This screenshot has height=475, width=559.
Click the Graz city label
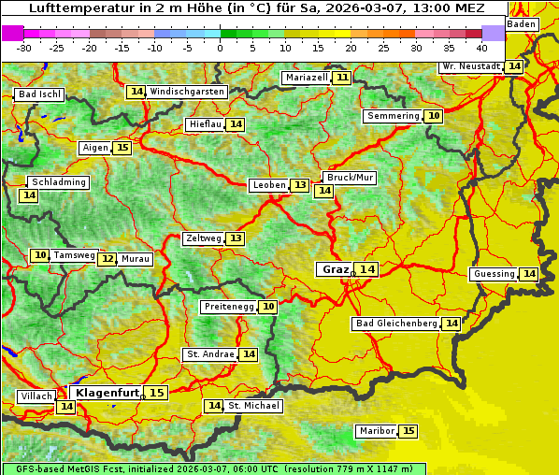coord(335,269)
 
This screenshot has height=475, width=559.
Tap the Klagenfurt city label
coord(107,393)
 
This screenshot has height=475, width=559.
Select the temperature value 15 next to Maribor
coord(408,431)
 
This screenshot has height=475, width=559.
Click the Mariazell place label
coord(307,78)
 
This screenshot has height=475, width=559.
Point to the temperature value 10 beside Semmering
coord(433,116)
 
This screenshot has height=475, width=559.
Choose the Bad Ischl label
coord(39,94)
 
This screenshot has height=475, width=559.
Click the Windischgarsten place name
coord(187,92)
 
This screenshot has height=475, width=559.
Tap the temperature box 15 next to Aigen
coord(122,148)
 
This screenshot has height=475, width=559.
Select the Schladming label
coord(58,182)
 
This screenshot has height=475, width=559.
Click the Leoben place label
coord(269,185)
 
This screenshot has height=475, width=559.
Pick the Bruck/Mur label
coord(350,178)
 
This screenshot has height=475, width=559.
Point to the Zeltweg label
coord(204,238)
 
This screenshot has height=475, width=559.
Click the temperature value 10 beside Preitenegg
coord(268,307)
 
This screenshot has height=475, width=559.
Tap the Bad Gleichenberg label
coord(396,324)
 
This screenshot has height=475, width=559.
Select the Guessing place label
coord(494,274)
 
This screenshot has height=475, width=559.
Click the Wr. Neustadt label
coord(470,66)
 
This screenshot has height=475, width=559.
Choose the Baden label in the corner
coord(523,24)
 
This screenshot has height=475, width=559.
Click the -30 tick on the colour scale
coord(24,48)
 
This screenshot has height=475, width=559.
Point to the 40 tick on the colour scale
coord(481,48)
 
